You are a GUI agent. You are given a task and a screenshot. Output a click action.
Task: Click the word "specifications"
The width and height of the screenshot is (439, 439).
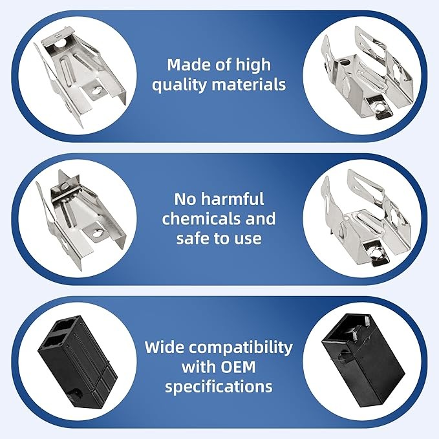point(218,387)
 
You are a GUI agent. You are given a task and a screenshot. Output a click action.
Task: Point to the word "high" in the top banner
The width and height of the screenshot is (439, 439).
point(253,65)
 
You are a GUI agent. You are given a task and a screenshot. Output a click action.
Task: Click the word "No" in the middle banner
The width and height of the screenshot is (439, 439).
point(186,198)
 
